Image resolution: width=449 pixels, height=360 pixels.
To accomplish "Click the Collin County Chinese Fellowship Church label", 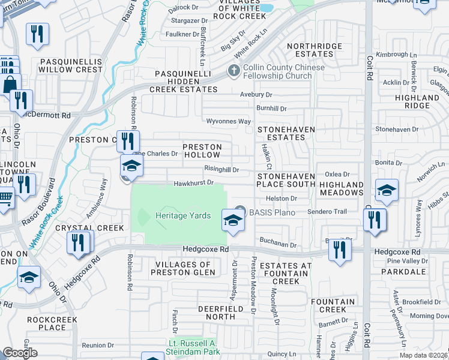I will click(x=283, y=71).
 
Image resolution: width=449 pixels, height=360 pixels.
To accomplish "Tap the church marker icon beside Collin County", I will click(x=235, y=71).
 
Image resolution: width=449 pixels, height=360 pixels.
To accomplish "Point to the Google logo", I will click(x=20, y=353).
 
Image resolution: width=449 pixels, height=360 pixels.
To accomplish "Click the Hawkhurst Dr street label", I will click(x=194, y=184).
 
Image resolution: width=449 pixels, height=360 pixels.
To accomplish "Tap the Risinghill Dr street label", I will click(x=221, y=170).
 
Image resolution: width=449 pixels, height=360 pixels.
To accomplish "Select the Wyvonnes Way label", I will click(x=228, y=122).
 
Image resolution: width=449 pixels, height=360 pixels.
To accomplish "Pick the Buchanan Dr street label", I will click(x=278, y=245).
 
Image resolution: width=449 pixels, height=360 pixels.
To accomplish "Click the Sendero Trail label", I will click(x=327, y=212).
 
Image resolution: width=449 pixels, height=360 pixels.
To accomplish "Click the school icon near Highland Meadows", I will click(x=387, y=190).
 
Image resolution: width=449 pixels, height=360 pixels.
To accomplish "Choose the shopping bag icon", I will click(x=10, y=84).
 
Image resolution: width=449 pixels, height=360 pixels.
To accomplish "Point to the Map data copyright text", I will click(x=424, y=355).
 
